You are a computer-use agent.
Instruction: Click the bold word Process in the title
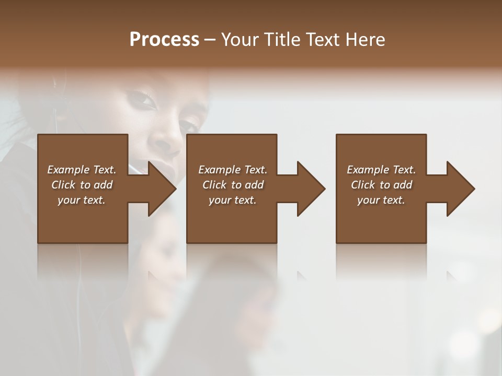pyautogui.click(x=164, y=40)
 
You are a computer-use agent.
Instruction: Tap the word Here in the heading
pyautogui.click(x=366, y=40)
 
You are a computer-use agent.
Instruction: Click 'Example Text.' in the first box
pyautogui.click(x=82, y=170)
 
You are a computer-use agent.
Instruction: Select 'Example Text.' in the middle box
pyautogui.click(x=233, y=170)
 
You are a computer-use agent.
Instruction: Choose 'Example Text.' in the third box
pyautogui.click(x=381, y=170)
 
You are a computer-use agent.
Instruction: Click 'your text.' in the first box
pyautogui.click(x=82, y=200)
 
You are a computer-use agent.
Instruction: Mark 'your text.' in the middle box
pyautogui.click(x=233, y=200)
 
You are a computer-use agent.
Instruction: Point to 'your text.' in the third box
pyautogui.click(x=381, y=200)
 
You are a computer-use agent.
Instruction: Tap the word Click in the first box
pyautogui.click(x=63, y=185)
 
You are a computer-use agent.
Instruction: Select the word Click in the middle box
pyautogui.click(x=214, y=185)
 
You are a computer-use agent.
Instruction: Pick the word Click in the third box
pyautogui.click(x=363, y=185)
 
